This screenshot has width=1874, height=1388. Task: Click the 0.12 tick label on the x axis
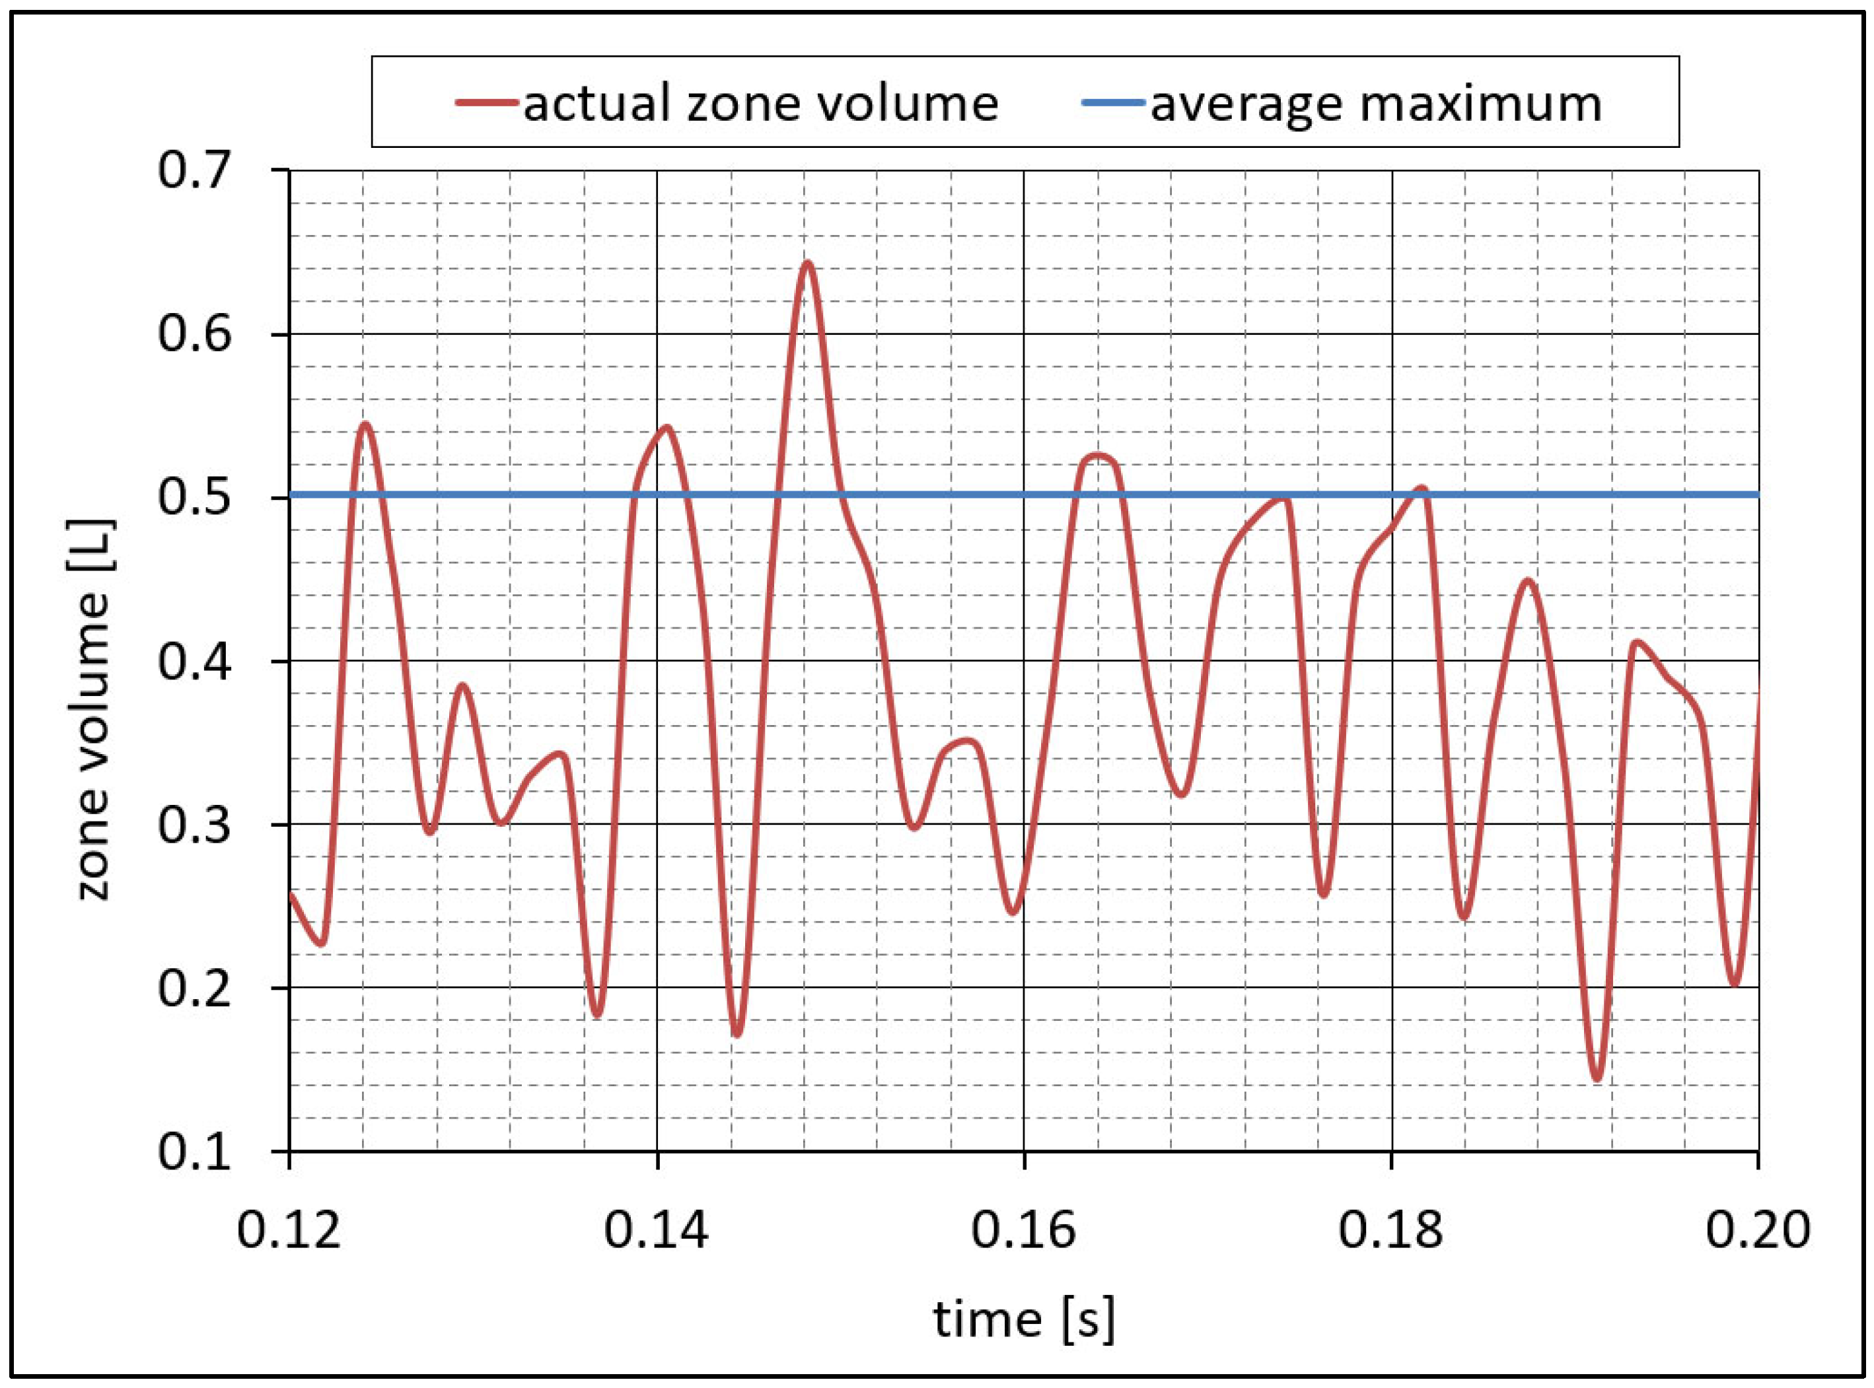pyautogui.click(x=288, y=1231)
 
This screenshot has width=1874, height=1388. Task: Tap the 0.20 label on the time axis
pyautogui.click(x=1756, y=1231)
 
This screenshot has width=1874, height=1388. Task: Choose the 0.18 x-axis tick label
pyautogui.click(x=1390, y=1231)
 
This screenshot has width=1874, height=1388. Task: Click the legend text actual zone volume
pyautogui.click(x=760, y=104)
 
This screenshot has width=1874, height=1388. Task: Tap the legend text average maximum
pyautogui.click(x=1376, y=104)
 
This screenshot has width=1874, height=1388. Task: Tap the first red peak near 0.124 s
pyautogui.click(x=365, y=425)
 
